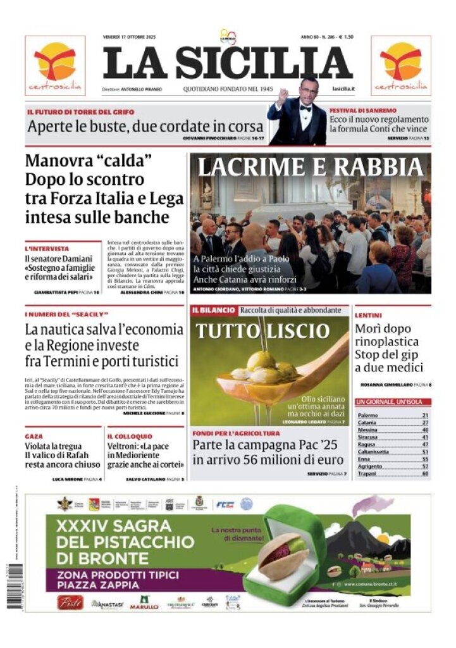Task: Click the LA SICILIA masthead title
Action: point(228,63)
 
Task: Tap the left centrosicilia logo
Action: point(55,65)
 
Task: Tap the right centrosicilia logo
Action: point(400,65)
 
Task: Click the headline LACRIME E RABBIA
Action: point(310,167)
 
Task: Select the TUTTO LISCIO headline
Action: point(262,331)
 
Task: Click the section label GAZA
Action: point(34,437)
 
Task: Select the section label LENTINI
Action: point(367,315)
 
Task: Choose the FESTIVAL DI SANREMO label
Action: point(362,111)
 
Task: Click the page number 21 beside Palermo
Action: point(425,415)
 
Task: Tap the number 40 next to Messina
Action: point(425,430)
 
